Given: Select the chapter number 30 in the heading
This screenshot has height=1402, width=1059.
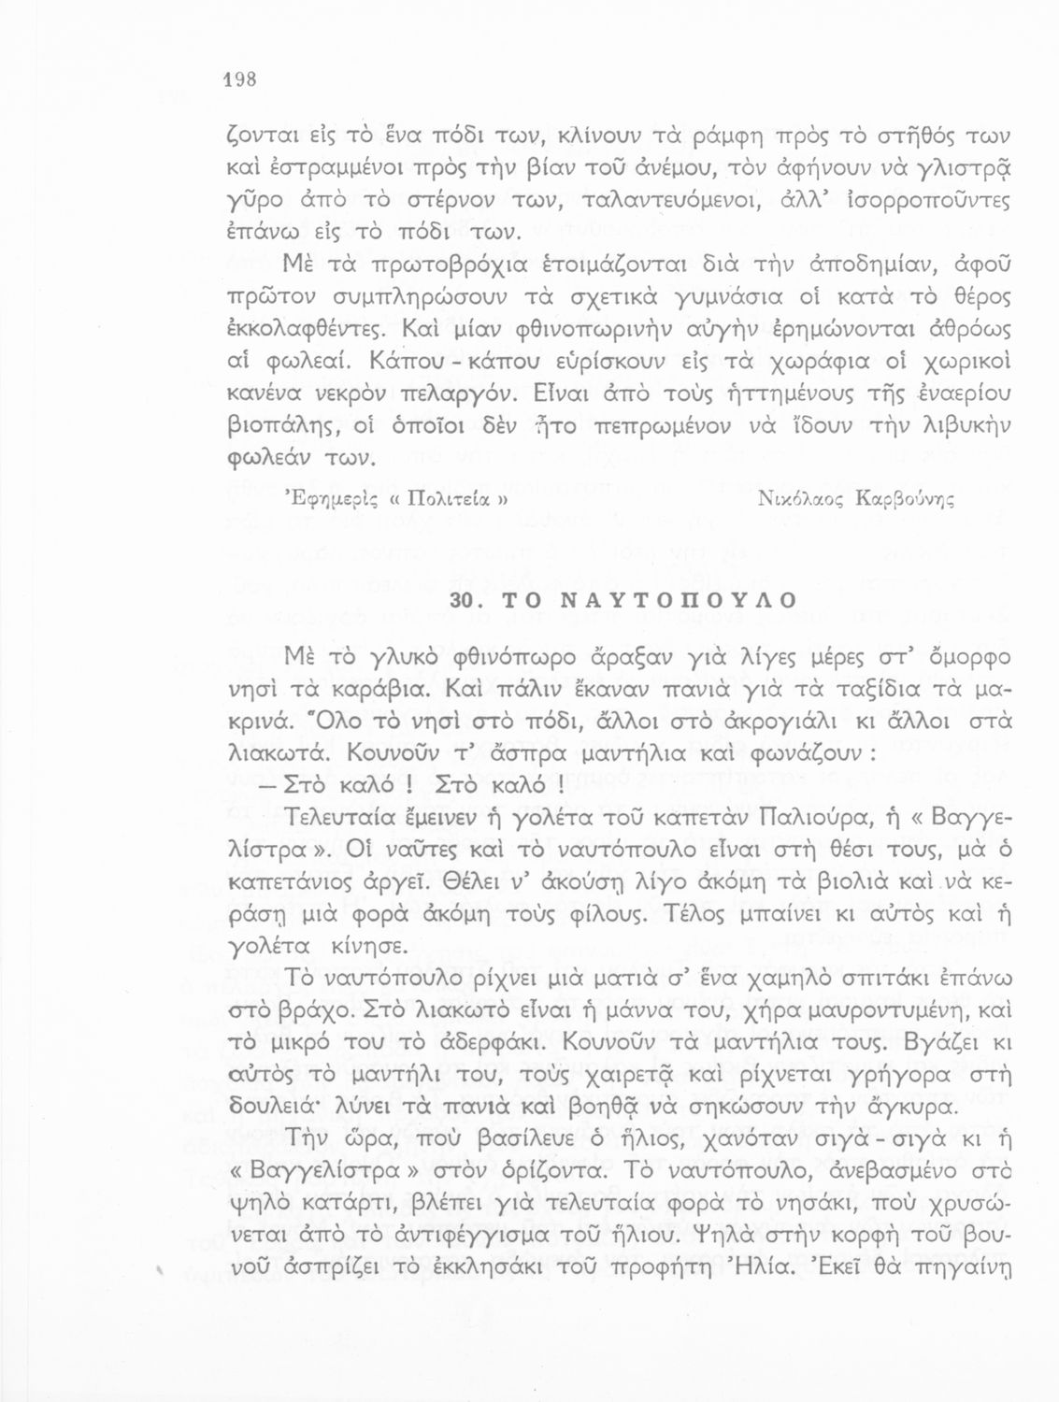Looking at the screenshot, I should click(465, 601).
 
